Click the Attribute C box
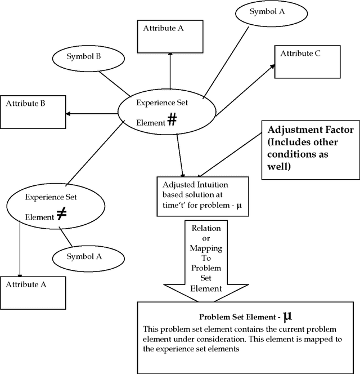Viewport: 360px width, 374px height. pyautogui.click(x=307, y=63)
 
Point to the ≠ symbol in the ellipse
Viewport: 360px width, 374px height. pyautogui.click(x=61, y=214)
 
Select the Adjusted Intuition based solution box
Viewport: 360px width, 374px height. pyautogui.click(x=201, y=196)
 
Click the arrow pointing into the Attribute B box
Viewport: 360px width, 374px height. pyautogui.click(x=90, y=113)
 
